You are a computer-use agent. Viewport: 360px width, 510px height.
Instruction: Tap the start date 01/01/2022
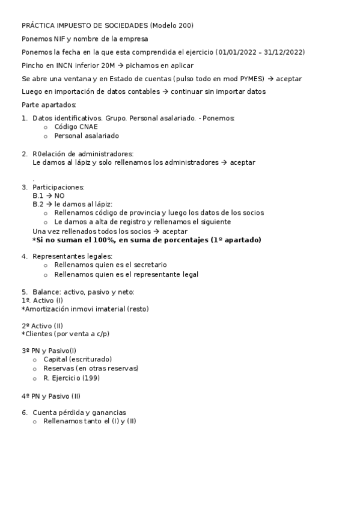tap(238, 52)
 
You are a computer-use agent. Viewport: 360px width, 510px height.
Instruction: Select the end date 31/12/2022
tap(282, 52)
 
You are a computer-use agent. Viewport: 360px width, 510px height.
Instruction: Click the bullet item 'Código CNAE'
tap(76, 127)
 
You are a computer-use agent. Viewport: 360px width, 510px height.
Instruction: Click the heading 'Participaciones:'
tap(58, 187)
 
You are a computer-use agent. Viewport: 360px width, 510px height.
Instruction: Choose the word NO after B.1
tap(59, 195)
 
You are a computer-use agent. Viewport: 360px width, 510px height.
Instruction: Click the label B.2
tap(38, 204)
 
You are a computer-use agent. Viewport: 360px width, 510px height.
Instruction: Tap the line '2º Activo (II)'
tap(42, 325)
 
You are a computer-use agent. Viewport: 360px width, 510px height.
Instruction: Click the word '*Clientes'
tap(37, 334)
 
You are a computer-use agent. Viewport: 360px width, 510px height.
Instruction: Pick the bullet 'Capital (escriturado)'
tap(78, 359)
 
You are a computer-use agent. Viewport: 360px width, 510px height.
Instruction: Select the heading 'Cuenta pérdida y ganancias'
tap(79, 413)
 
